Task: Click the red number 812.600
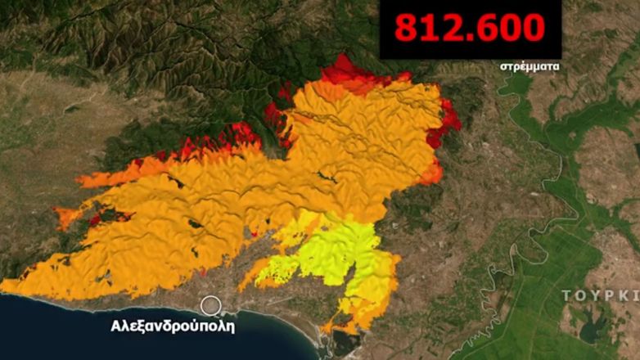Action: (x=470, y=28)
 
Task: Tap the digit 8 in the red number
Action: (x=407, y=28)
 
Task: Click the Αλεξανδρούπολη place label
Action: (x=173, y=326)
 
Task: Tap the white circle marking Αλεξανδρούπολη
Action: (x=211, y=306)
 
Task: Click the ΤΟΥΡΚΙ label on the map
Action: (x=601, y=295)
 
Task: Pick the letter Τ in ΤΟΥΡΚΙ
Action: (x=566, y=295)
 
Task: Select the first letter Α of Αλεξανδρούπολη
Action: (x=116, y=326)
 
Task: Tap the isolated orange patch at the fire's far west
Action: (x=67, y=216)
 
